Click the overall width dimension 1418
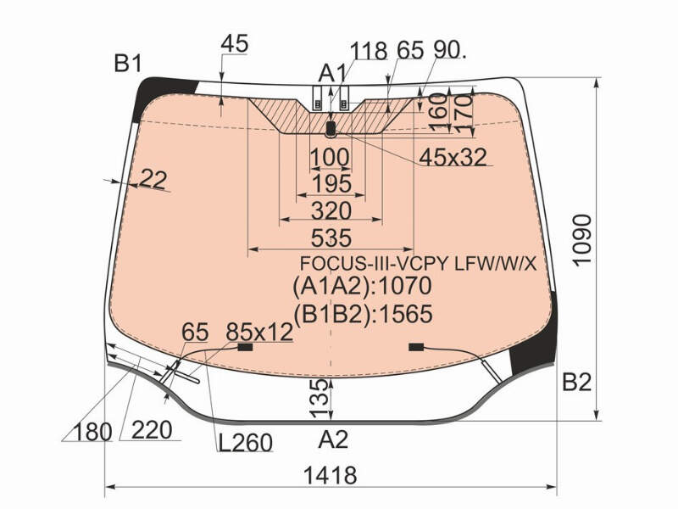pos(331,475)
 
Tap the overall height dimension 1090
pos(581,239)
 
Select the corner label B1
pos(128,64)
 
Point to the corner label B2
pos(577,383)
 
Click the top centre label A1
pos(332,73)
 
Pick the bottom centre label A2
pos(333,439)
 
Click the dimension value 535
pos(331,238)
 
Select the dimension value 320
pos(331,210)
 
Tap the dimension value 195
pos(331,184)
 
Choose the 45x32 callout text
pos(453,157)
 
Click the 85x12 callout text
pos(259,333)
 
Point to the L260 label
pos(245,442)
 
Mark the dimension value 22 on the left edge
pos(153,179)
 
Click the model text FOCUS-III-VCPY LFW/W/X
pos(418,263)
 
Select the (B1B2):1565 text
pos(363,314)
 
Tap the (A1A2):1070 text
pos(363,286)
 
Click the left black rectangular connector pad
pos(246,347)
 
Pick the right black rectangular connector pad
pos(416,347)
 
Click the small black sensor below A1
pos(331,129)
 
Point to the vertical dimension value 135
pos(320,398)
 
